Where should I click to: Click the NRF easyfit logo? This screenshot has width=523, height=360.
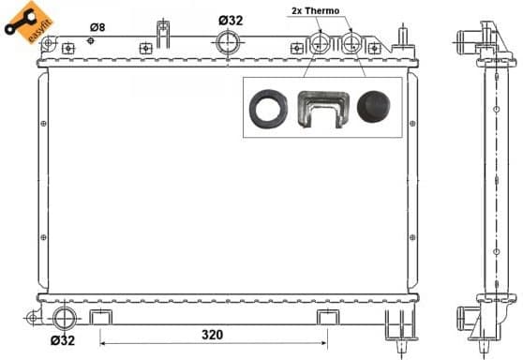25,22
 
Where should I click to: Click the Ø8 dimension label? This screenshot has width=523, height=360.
97,27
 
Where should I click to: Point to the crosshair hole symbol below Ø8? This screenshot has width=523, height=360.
91,39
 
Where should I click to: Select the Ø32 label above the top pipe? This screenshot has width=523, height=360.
231,20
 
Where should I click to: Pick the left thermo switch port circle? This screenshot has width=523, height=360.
320,43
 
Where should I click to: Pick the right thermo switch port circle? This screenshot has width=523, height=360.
353,43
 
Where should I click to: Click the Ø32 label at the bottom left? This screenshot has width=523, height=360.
62,339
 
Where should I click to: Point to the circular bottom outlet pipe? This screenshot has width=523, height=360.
65,316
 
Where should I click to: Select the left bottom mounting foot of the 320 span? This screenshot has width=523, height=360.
102,316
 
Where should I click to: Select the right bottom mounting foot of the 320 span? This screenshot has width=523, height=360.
327,316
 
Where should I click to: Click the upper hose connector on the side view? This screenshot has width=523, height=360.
467,40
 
